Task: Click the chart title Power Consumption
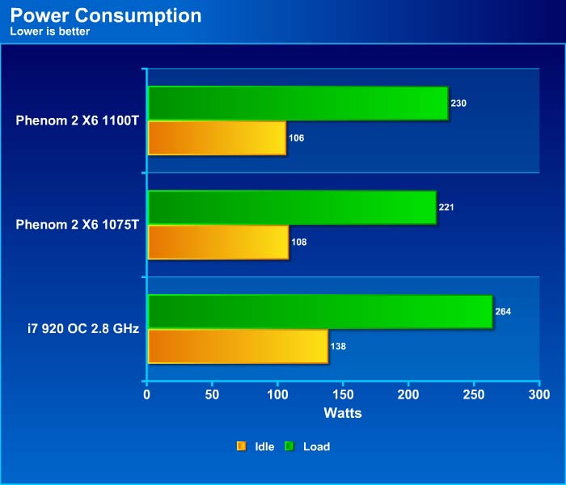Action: point(106,15)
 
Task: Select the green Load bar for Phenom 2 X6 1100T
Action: point(298,103)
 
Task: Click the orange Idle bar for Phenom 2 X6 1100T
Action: point(217,137)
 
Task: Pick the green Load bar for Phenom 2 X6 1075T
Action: point(292,207)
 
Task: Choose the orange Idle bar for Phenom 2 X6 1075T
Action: point(218,242)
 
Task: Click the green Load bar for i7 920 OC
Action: point(320,311)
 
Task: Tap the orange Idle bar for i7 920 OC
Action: point(238,346)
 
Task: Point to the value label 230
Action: point(459,103)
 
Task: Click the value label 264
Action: point(503,311)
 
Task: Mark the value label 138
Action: point(338,346)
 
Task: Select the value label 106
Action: point(296,138)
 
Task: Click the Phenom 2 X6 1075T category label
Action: point(78,224)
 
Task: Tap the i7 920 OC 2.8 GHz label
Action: point(82,328)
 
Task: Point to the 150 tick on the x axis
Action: point(343,394)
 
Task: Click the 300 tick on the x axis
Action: point(539,394)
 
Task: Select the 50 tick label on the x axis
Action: point(212,394)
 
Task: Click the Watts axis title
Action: point(343,413)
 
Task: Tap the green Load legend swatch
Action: point(289,446)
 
